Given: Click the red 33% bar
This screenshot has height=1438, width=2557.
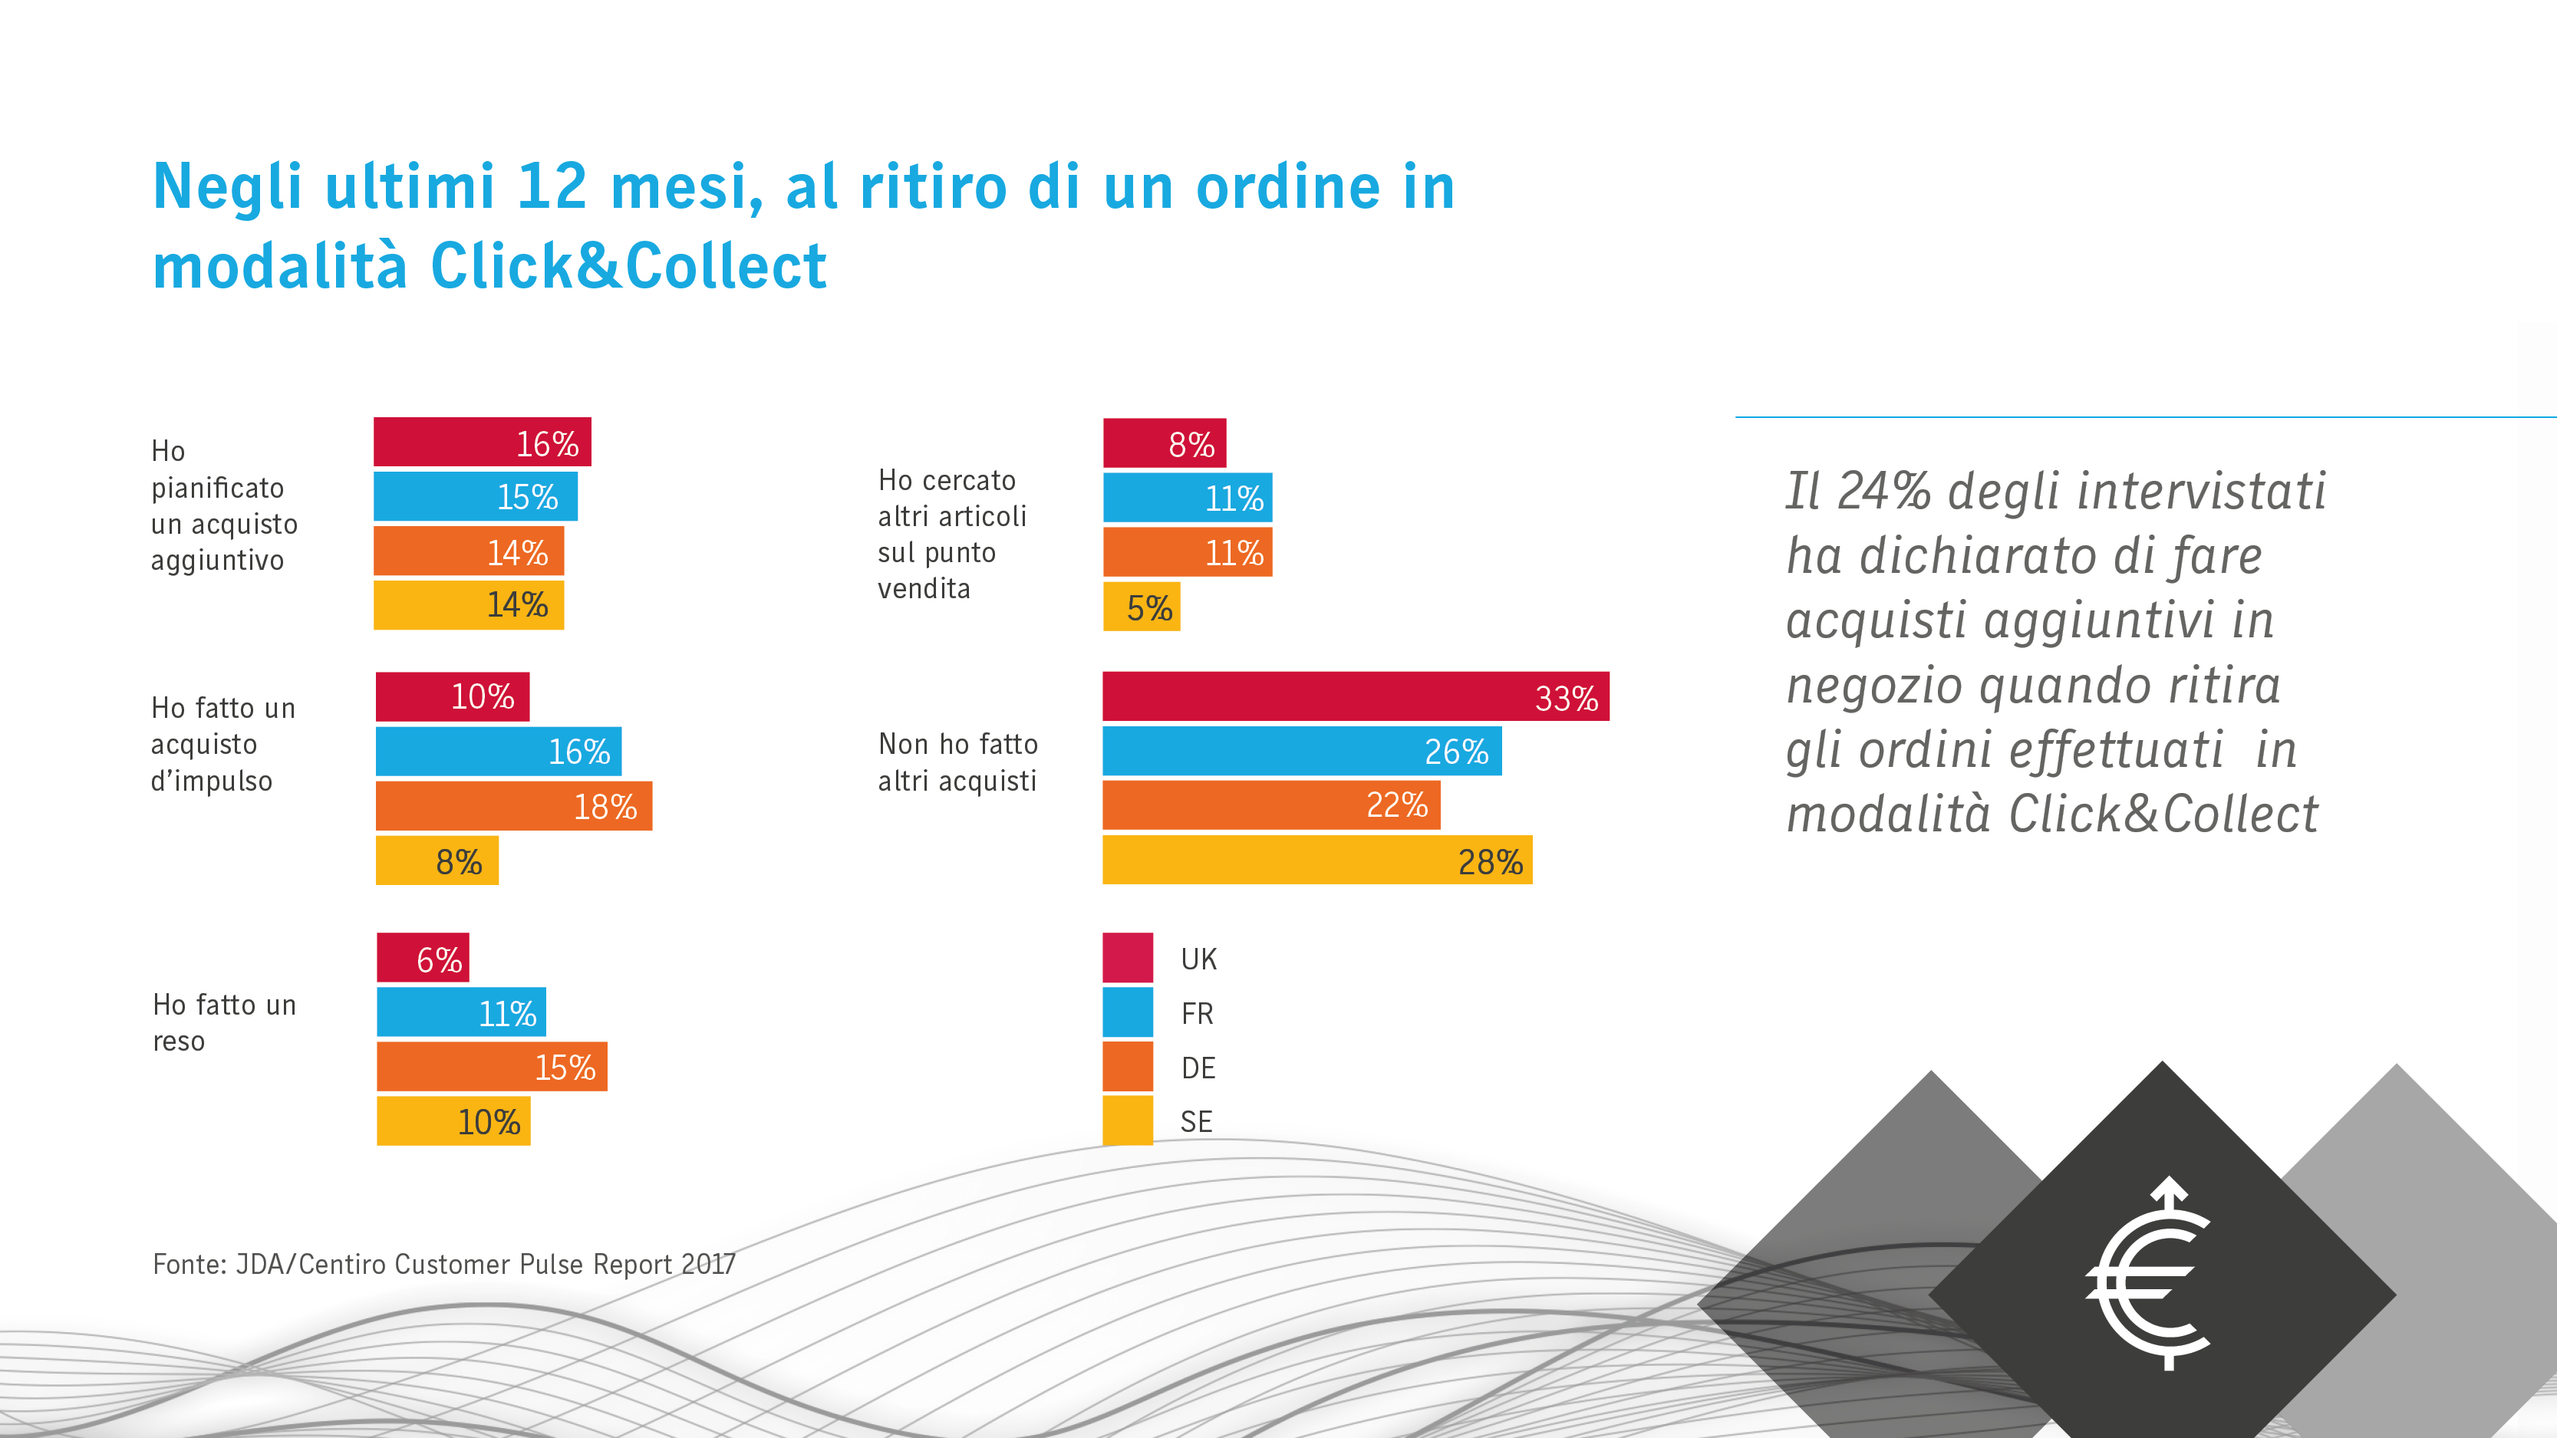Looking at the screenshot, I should point(1355,696).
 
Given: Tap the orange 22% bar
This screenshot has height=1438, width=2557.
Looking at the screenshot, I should point(1270,805).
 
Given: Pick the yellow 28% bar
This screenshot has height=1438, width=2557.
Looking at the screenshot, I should point(1317,860).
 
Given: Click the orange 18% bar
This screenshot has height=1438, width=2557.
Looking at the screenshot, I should point(513,806).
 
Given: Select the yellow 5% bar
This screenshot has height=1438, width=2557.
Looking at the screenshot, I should point(1142,607).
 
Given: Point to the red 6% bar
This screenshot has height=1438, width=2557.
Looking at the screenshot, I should point(422,958).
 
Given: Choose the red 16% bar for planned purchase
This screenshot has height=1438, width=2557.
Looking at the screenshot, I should point(482,443).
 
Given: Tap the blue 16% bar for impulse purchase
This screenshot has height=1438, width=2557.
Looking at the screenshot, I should point(499,752).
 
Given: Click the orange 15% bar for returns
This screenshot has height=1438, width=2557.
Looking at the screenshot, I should point(491,1067).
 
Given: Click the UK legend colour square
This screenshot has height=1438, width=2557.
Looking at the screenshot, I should point(1128,958).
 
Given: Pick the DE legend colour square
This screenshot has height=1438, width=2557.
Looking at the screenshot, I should point(1128,1067).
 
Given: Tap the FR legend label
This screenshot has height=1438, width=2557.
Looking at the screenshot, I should point(1197,1013).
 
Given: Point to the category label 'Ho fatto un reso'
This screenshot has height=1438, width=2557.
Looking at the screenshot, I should point(224,1022).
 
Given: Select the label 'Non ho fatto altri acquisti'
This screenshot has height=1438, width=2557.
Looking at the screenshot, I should point(958,762).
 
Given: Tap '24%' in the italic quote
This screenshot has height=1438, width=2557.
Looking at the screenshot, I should point(1883,492).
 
